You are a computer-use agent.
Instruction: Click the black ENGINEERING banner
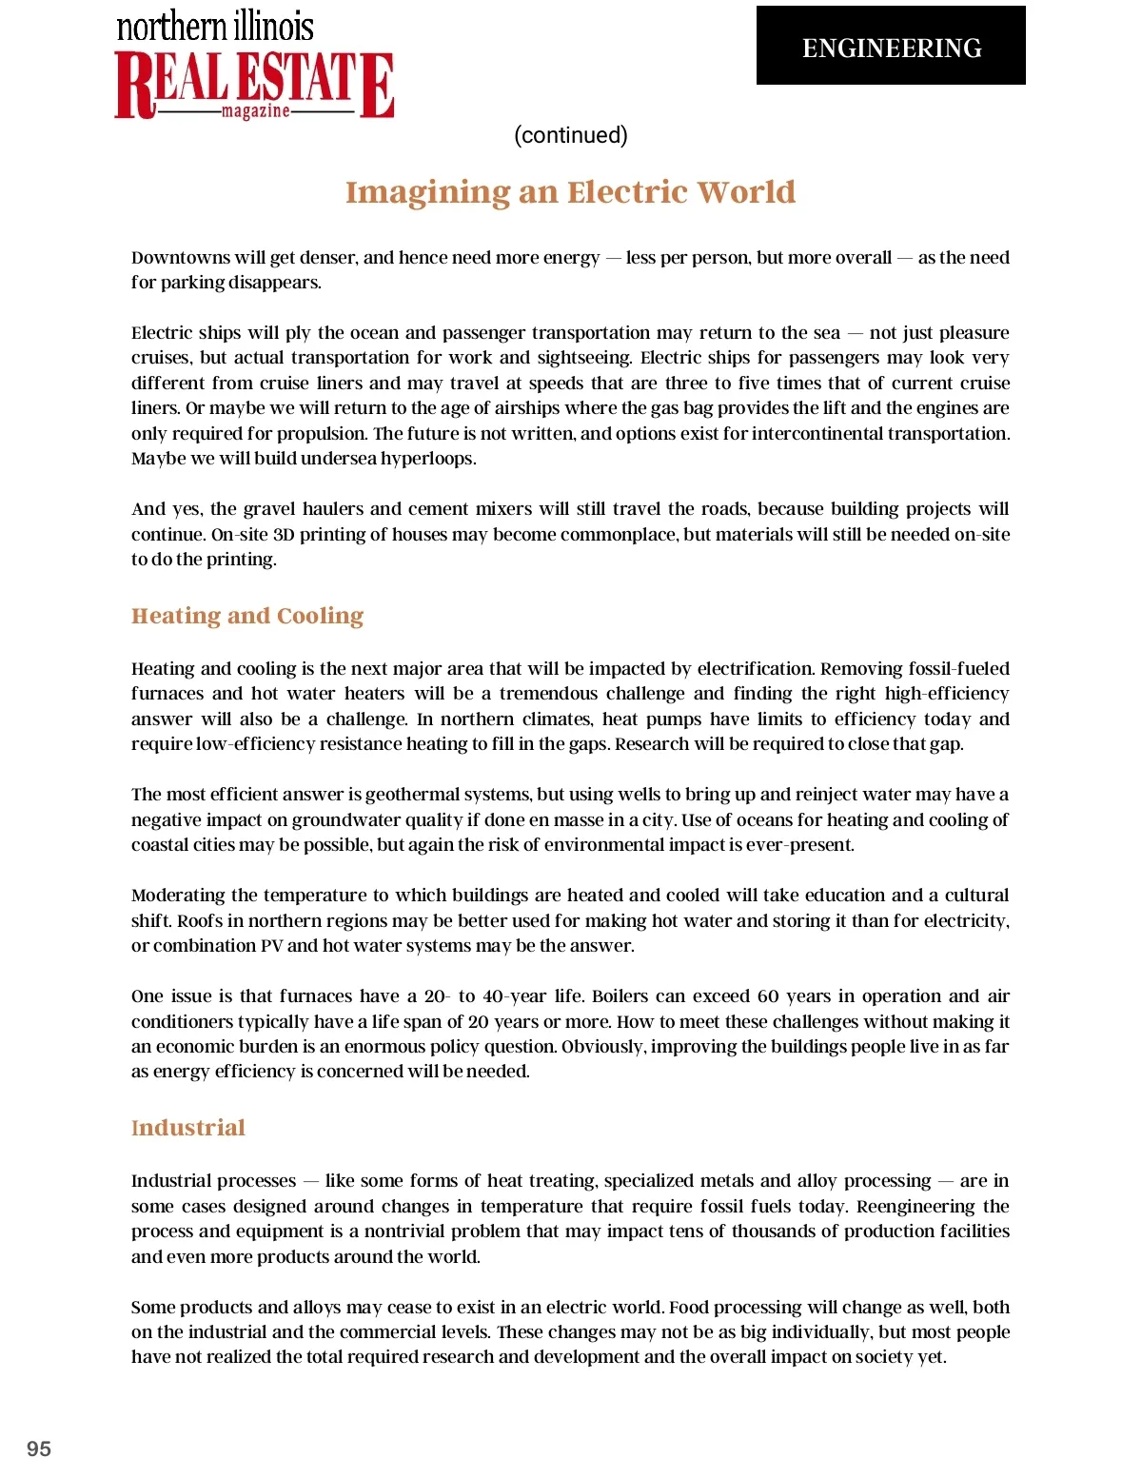(891, 46)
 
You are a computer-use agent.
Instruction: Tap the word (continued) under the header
(571, 135)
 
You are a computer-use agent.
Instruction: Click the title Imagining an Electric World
(570, 192)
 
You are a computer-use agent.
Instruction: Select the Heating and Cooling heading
(247, 616)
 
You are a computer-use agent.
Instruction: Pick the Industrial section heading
(188, 1128)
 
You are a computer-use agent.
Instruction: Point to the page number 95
(39, 1448)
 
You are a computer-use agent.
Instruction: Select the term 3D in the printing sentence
(284, 535)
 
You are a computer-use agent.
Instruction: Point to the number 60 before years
(767, 996)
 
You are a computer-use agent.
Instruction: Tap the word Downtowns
(180, 258)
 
